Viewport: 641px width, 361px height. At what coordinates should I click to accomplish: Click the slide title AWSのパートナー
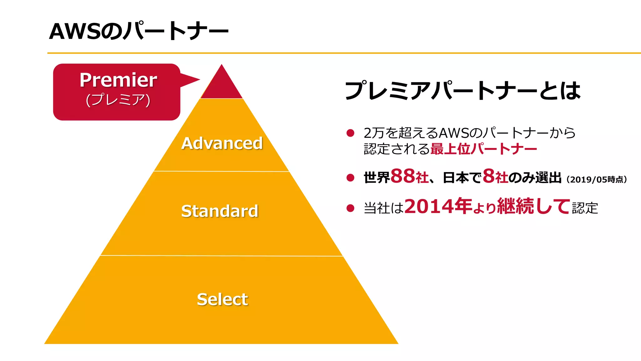click(x=139, y=31)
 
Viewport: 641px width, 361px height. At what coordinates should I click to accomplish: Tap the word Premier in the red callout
click(x=118, y=80)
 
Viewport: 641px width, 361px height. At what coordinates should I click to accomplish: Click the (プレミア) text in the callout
click(x=118, y=100)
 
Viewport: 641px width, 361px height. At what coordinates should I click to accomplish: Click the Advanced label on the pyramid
click(x=222, y=143)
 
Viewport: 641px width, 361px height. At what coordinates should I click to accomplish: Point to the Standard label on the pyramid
click(x=220, y=211)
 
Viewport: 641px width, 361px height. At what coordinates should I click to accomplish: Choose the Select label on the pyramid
click(x=222, y=299)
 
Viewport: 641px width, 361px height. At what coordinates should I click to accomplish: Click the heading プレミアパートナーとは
click(x=463, y=91)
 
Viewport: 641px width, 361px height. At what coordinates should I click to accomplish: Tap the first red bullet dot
click(x=350, y=133)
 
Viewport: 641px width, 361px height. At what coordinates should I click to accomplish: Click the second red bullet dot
click(x=350, y=178)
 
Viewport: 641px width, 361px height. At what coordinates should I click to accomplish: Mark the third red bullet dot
click(x=350, y=208)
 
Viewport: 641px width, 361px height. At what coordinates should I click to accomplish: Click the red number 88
click(x=403, y=176)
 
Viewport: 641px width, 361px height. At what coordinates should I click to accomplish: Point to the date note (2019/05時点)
click(x=597, y=180)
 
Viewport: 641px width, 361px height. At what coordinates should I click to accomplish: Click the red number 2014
click(x=429, y=206)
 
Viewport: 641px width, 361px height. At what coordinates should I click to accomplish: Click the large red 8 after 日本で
click(x=489, y=176)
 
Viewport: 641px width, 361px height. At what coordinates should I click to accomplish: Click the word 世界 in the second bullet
click(x=377, y=178)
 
